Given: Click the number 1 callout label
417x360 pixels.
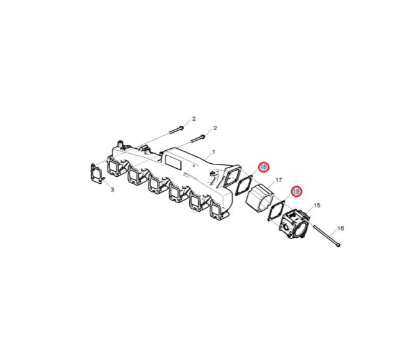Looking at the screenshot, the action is pos(213,152).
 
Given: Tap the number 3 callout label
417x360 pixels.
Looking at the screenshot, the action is pos(113,190).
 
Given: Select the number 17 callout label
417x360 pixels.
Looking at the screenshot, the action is pos(278,181).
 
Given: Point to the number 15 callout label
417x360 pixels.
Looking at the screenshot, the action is pos(317,206).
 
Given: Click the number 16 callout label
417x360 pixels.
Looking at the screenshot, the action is pos(340,229).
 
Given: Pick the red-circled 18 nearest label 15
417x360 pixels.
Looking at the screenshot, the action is pos(296,191).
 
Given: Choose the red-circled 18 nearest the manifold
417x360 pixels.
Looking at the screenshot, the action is pos(263,167).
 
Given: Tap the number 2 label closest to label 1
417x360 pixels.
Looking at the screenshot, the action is pos(215,128).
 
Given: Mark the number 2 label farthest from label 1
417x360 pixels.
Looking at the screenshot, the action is pos(194,119).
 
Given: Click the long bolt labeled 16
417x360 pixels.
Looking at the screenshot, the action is pos(327,235).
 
